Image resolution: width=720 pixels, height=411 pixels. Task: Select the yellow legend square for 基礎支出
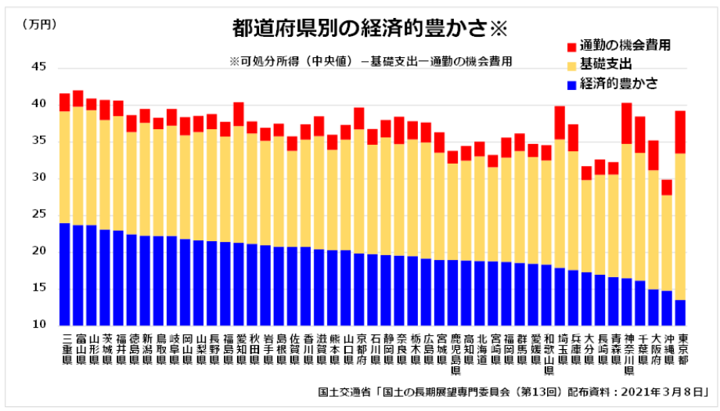click(x=570, y=65)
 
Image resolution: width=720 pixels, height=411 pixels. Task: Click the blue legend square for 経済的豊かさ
click(x=570, y=83)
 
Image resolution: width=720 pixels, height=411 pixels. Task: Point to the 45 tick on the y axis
click(x=38, y=67)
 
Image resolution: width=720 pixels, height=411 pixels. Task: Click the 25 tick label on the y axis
click(x=38, y=215)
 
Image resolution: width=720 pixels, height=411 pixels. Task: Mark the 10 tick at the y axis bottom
click(x=38, y=324)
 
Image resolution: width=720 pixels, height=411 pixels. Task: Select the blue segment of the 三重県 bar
click(x=65, y=274)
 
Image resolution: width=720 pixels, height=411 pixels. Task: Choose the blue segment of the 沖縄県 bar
click(x=667, y=308)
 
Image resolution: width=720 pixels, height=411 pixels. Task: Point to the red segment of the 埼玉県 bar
click(x=560, y=122)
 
